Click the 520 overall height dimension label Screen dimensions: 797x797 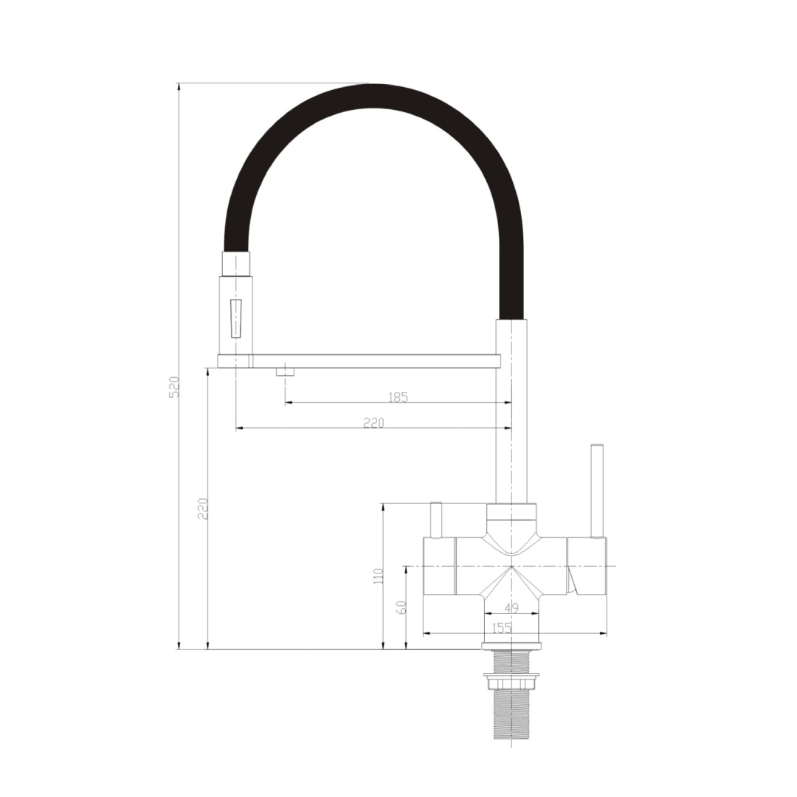[174, 387]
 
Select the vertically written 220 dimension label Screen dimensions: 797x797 [204, 508]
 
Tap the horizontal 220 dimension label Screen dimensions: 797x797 [374, 423]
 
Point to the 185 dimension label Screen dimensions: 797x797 [398, 398]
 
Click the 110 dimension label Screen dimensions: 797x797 [379, 576]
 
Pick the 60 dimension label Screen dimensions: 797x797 [402, 607]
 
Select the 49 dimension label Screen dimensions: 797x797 [511, 608]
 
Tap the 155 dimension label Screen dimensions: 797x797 [501, 628]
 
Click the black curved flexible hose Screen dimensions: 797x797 [374, 97]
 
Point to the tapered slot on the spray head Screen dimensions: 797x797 [236, 318]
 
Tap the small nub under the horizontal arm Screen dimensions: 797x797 [285, 371]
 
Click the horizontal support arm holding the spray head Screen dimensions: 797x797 [369, 361]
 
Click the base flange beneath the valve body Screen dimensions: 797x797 [511, 646]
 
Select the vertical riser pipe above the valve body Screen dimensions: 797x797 [511, 413]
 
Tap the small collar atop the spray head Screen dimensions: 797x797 [237, 263]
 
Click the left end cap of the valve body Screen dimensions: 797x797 [438, 565]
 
